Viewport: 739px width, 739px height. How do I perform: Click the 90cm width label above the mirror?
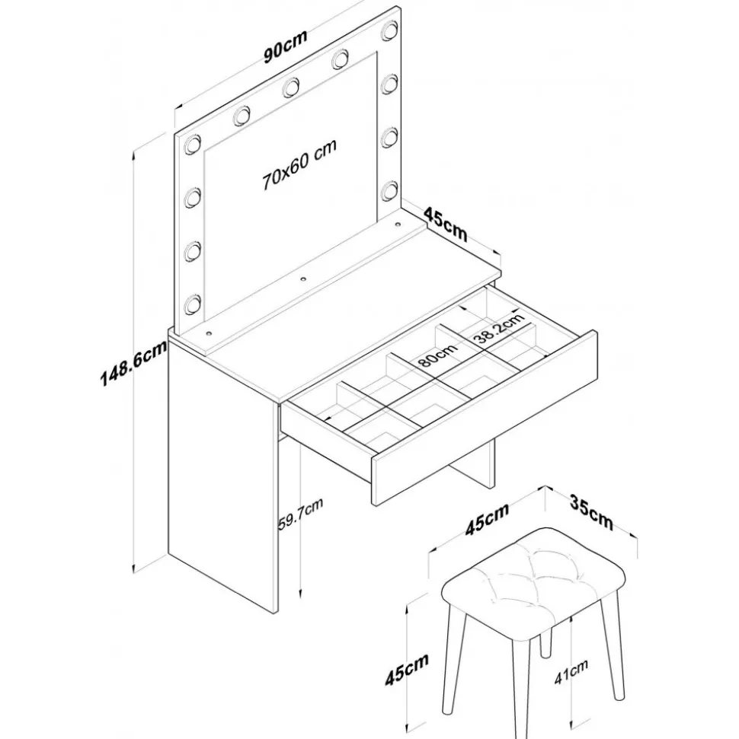point(286,46)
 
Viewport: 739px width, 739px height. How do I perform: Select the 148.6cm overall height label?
point(133,363)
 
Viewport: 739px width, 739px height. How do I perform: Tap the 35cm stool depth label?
point(591,512)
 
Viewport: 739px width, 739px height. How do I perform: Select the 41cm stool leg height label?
point(571,671)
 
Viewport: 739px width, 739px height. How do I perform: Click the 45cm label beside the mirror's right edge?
point(446,224)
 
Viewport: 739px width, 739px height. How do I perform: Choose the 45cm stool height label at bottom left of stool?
point(407,669)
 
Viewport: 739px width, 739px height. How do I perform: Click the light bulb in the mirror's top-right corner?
point(390,30)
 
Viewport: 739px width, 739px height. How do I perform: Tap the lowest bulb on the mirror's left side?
point(193,304)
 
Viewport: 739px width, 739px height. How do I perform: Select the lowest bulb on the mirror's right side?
point(390,191)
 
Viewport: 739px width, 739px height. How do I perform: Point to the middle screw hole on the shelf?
point(303,279)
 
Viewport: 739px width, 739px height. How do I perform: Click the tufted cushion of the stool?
point(533,584)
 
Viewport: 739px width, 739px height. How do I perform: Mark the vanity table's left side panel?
point(222,476)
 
